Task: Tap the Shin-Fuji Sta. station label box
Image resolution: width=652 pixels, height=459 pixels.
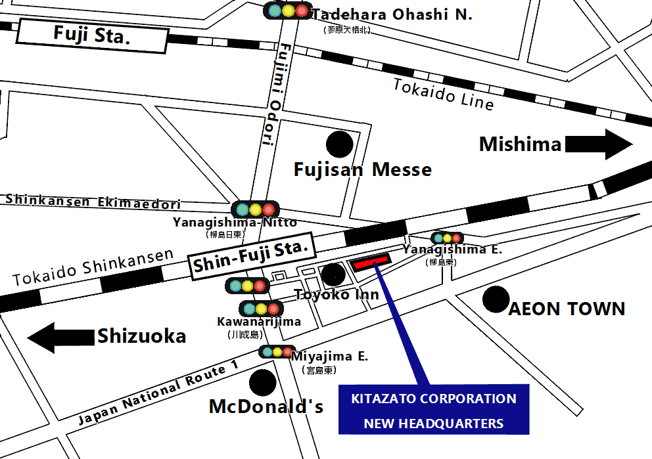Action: (x=250, y=257)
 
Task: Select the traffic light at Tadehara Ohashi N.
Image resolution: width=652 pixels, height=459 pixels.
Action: (x=287, y=11)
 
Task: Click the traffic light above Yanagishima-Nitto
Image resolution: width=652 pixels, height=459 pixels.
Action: (x=255, y=209)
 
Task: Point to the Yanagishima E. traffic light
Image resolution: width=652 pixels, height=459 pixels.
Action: (x=447, y=238)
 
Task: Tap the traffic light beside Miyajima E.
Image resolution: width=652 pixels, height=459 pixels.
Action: (x=277, y=352)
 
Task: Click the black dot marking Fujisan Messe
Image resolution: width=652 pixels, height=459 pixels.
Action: (x=340, y=144)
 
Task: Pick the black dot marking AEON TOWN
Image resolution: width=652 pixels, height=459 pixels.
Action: (x=495, y=299)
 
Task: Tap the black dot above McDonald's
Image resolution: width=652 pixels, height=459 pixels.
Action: (x=262, y=382)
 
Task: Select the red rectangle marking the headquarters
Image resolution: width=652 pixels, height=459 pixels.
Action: (x=371, y=264)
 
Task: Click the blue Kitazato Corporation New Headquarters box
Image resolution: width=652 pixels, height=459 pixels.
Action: (x=434, y=410)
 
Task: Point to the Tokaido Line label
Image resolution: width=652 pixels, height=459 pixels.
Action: (x=443, y=94)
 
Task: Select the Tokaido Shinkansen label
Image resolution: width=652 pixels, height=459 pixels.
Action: (x=93, y=267)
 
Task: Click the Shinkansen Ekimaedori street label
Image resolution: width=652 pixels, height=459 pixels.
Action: (x=93, y=202)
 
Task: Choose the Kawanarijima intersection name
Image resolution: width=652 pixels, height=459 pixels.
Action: (x=258, y=322)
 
